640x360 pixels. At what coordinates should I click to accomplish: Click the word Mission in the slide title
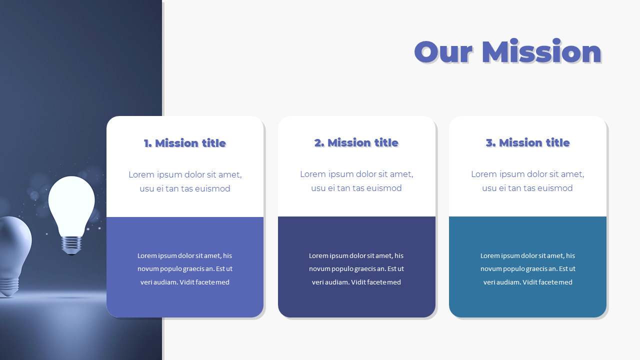pyautogui.click(x=541, y=52)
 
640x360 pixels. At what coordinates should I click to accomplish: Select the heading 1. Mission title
pyautogui.click(x=185, y=143)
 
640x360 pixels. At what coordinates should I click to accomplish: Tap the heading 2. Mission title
pyautogui.click(x=356, y=143)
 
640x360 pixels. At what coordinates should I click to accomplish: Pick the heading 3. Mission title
pyautogui.click(x=527, y=143)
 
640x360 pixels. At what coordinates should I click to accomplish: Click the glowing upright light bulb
pyautogui.click(x=71, y=205)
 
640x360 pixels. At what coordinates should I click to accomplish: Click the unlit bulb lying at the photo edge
pyautogui.click(x=12, y=255)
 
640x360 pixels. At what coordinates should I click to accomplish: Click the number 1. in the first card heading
pyautogui.click(x=148, y=143)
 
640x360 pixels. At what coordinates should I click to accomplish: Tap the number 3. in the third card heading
pyautogui.click(x=490, y=143)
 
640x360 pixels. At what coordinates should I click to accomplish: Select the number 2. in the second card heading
pyautogui.click(x=319, y=143)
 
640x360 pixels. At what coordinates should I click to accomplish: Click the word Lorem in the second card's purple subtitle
pyautogui.click(x=312, y=174)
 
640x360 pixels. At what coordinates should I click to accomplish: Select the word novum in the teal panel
pyautogui.click(x=491, y=269)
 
